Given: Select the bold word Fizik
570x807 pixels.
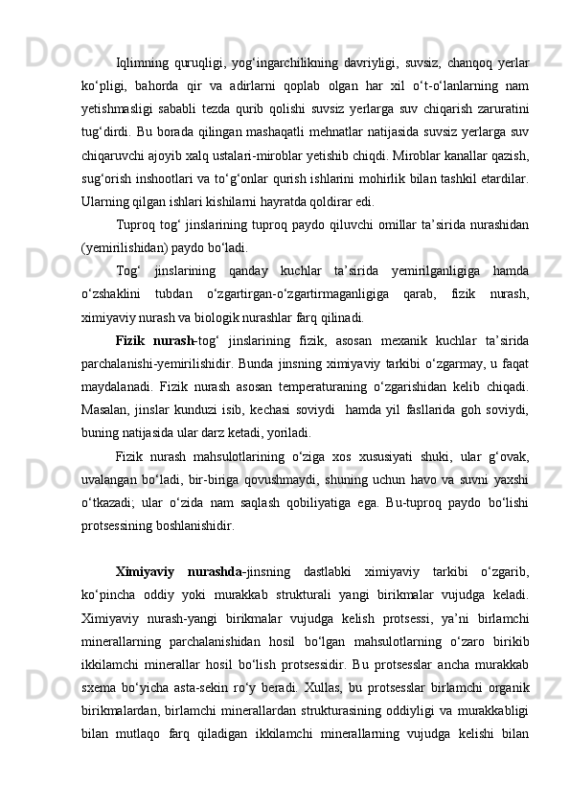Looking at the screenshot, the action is [x=130, y=340].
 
